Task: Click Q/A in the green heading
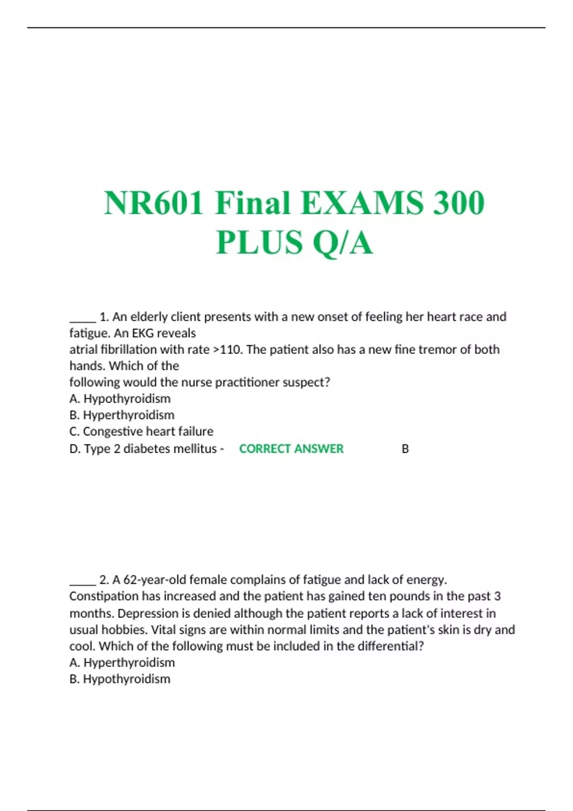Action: pyautogui.click(x=342, y=242)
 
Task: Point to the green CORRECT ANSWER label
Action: pyautogui.click(x=291, y=449)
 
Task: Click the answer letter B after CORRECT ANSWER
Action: pyautogui.click(x=405, y=449)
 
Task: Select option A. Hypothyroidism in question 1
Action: pyautogui.click(x=120, y=398)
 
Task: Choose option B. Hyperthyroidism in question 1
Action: pyautogui.click(x=122, y=415)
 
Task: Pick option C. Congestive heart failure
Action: pyautogui.click(x=141, y=431)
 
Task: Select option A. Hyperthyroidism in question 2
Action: pyautogui.click(x=122, y=663)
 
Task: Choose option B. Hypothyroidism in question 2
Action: pyautogui.click(x=120, y=679)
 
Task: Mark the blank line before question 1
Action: pyautogui.click(x=83, y=320)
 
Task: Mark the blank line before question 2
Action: pyautogui.click(x=83, y=583)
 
